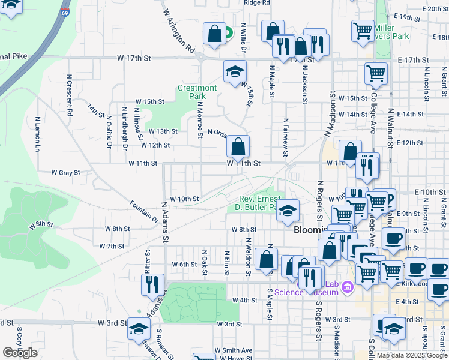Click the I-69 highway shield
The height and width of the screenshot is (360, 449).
[65, 11]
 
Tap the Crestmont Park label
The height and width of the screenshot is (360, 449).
[197, 92]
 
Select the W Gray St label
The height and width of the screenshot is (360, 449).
[65, 172]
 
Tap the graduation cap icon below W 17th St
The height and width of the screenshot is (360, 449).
[235, 72]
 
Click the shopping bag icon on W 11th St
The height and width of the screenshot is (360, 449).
[238, 146]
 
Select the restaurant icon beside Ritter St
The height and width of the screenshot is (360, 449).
[153, 284]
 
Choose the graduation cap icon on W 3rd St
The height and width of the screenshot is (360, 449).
[139, 329]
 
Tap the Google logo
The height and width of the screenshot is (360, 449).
[20, 353]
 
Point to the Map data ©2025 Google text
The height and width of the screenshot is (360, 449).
[412, 355]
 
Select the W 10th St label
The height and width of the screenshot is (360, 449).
[184, 199]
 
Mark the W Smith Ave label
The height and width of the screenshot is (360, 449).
[234, 350]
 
